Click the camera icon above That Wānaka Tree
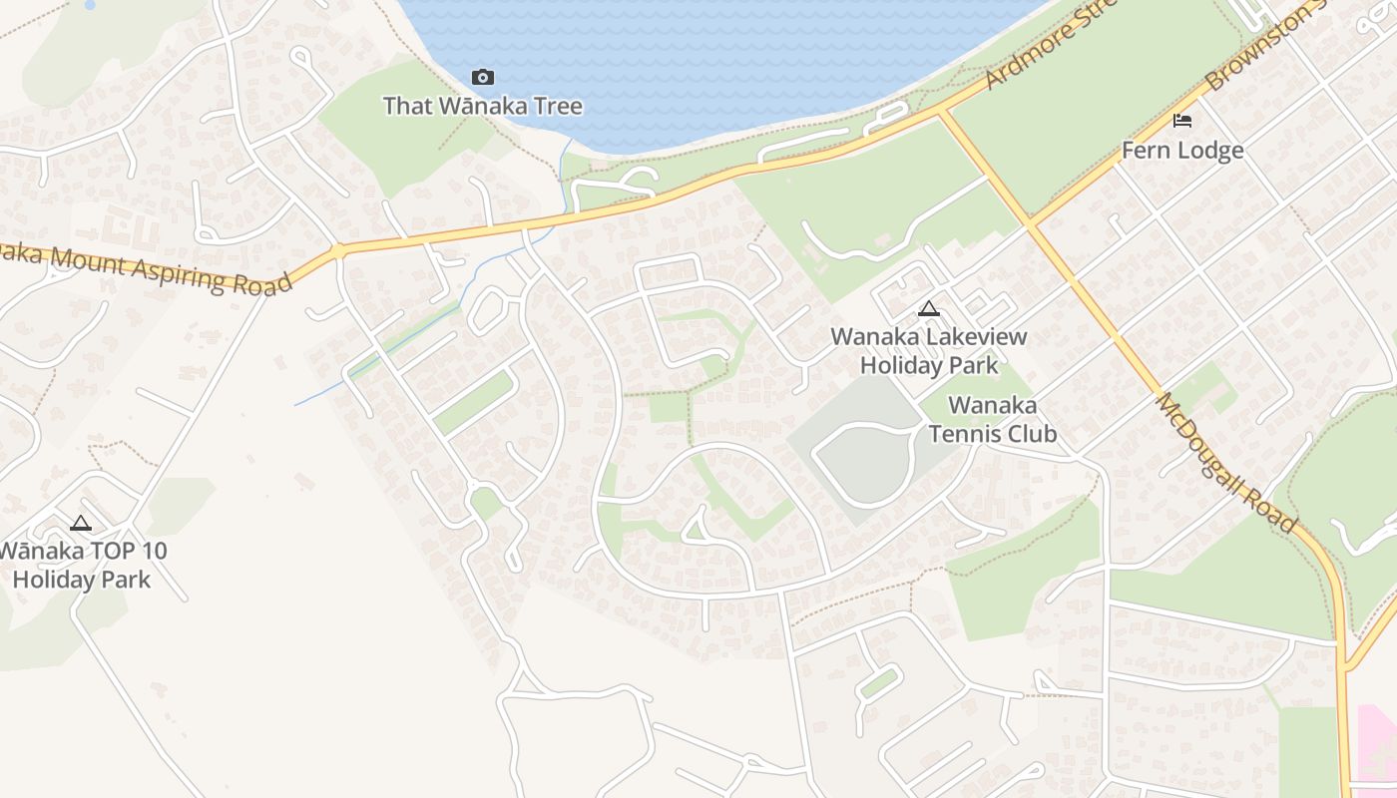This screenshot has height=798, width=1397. tap(483, 77)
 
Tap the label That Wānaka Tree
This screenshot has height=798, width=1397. tap(483, 105)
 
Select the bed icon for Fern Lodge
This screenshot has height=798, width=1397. tap(1182, 121)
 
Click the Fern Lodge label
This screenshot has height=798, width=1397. tap(1182, 151)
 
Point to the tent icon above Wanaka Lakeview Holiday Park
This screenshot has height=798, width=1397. tap(929, 308)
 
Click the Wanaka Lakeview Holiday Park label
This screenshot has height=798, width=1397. tap(929, 351)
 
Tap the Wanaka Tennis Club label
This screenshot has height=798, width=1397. tap(992, 419)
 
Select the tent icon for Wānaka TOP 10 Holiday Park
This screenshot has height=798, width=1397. tap(81, 523)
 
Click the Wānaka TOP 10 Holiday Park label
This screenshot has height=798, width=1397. tap(83, 565)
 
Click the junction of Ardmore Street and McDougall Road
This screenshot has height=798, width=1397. tap(941, 112)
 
